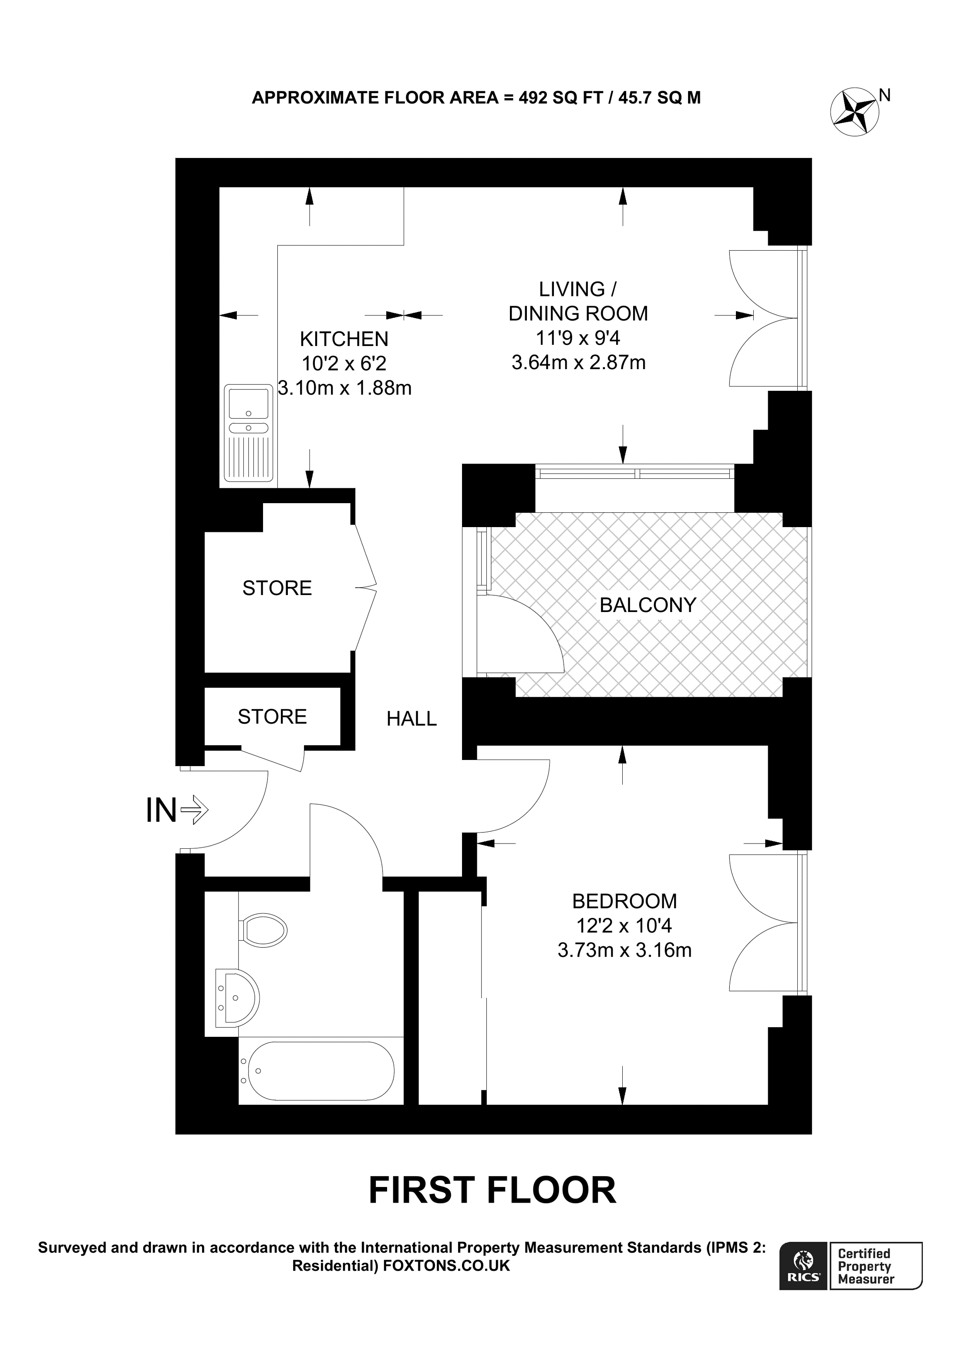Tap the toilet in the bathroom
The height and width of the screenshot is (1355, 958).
pos(263,931)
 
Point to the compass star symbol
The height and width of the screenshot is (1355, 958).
pos(854,111)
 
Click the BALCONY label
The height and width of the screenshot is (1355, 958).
pos(648,605)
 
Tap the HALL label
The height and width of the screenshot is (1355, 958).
pos(412,718)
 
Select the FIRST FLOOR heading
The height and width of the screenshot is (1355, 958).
pos(492,1190)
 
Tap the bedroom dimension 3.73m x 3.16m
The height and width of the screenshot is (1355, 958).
pos(624,950)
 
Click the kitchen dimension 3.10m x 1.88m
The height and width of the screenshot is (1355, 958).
pos(345,388)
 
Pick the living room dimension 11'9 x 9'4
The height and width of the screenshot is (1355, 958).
pos(578,338)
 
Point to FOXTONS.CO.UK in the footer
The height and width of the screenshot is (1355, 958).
pos(446,1266)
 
